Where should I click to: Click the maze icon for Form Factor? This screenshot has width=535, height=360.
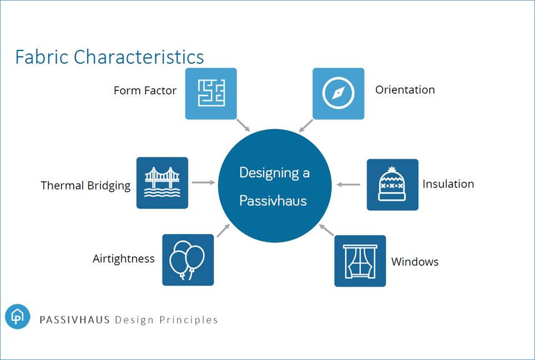tap(211, 93)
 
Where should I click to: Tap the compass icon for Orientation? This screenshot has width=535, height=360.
tap(339, 93)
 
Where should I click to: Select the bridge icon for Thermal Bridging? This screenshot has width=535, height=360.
tap(162, 182)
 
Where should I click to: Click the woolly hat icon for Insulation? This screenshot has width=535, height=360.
tap(392, 184)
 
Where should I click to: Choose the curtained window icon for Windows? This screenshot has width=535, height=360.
tap(360, 261)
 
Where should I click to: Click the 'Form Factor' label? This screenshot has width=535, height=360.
tap(145, 90)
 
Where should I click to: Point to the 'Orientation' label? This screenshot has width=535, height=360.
tap(405, 90)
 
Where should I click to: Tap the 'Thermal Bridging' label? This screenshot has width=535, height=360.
tap(85, 186)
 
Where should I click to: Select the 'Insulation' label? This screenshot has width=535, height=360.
tap(448, 184)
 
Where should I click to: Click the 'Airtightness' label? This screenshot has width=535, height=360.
tap(124, 258)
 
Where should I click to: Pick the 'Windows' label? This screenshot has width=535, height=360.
tap(415, 262)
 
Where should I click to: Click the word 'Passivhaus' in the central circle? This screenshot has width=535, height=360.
tap(273, 200)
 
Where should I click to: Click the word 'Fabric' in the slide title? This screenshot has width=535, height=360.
tap(42, 57)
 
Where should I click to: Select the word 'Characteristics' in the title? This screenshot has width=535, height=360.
tap(139, 57)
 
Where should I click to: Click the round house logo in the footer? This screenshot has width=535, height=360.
tap(18, 317)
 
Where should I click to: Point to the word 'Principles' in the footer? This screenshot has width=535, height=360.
tap(189, 320)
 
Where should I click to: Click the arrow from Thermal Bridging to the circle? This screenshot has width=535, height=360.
tap(203, 182)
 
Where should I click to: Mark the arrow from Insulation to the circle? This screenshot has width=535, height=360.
tap(348, 184)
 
